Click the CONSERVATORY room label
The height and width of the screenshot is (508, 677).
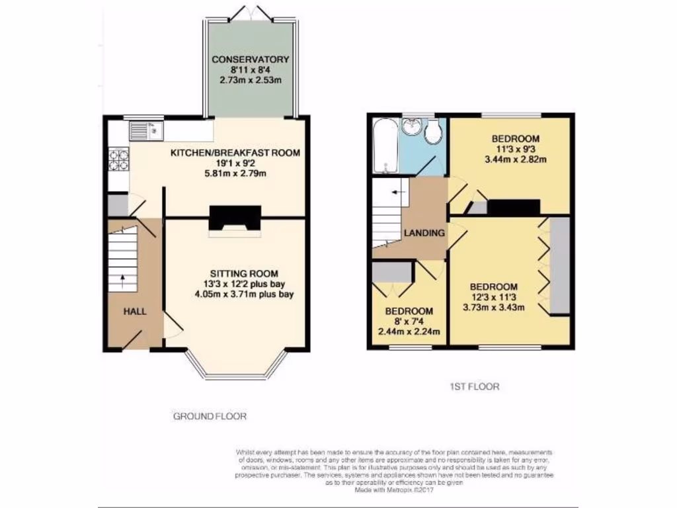251,60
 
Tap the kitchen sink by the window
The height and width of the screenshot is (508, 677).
145,130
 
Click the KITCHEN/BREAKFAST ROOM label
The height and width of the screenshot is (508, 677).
235,153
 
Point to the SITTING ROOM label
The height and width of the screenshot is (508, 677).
244,273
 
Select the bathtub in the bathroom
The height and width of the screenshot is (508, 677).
383,146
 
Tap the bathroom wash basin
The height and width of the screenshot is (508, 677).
415,126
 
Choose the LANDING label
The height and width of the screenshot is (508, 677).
424,233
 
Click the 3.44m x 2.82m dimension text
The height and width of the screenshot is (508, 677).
515,159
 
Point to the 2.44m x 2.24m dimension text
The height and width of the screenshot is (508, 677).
409,331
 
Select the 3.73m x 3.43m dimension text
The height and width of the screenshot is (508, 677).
493,307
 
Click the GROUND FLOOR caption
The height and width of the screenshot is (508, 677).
210,417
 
